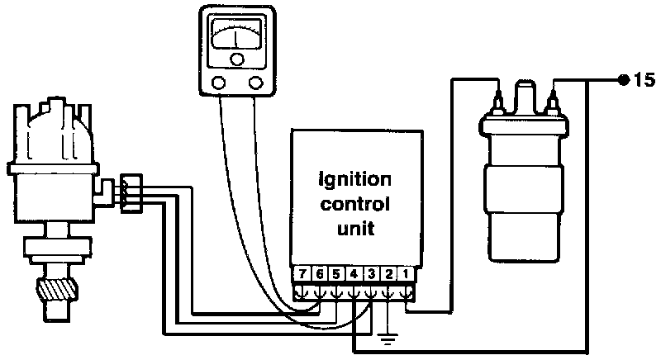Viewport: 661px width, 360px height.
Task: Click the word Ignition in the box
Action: pyautogui.click(x=355, y=178)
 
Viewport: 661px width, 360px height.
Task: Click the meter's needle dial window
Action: pyautogui.click(x=236, y=38)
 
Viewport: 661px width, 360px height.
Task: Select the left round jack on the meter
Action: pyautogui.click(x=220, y=81)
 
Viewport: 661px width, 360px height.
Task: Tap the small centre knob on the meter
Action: pyautogui.click(x=238, y=59)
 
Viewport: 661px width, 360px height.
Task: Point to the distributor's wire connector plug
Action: pyautogui.click(x=131, y=192)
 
